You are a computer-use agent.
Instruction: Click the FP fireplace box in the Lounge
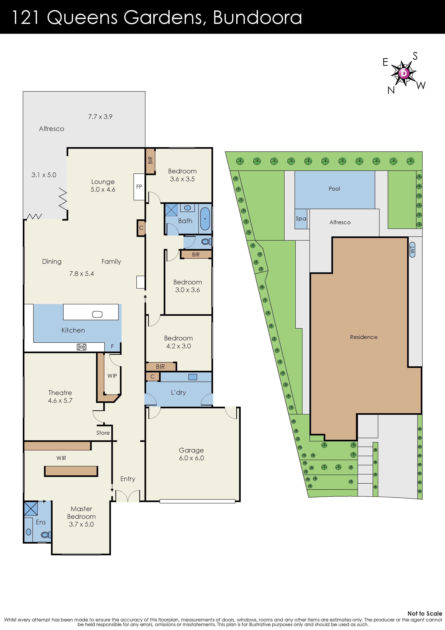[139, 187]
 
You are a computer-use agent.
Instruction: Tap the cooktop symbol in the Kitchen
[81, 347]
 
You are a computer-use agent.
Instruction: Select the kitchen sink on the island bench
[97, 314]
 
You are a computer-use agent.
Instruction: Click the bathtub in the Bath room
[205, 219]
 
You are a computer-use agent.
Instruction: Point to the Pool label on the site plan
[334, 189]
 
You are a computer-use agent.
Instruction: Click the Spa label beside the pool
[301, 219]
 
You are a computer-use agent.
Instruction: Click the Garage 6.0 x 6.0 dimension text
[191, 458]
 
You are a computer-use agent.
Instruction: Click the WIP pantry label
[112, 376]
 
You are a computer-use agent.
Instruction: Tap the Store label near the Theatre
[103, 433]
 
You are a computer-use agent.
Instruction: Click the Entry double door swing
[127, 496]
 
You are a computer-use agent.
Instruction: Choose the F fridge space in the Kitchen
[112, 347]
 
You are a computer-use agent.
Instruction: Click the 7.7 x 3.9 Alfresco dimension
[100, 117]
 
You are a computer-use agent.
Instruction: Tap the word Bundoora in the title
[257, 18]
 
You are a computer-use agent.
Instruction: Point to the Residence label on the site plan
[364, 337]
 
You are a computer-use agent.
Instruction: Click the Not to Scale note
[424, 613]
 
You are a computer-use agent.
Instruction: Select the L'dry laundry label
[178, 392]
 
